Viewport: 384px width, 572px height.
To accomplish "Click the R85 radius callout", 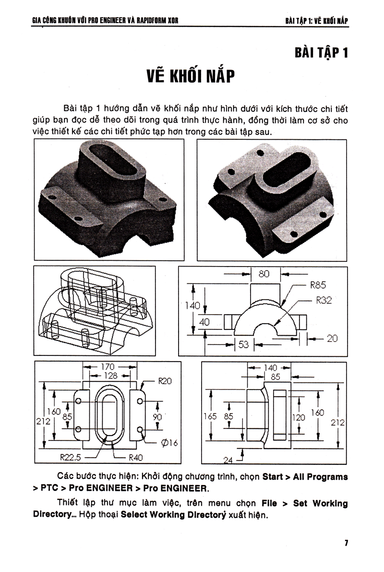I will point(318,285).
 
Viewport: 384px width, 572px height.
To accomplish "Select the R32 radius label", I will point(324,301).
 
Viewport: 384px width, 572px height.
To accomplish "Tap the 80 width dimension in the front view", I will point(264,274).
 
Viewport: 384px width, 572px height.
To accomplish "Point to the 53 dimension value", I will point(244,344).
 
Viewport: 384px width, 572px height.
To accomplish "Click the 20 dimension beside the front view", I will point(332,339).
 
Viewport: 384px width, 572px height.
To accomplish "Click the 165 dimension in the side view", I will point(210,417).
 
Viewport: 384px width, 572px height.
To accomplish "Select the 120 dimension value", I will point(299,418).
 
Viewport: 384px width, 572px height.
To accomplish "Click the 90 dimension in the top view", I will point(157,417).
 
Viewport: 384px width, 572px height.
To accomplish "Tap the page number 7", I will point(346,543).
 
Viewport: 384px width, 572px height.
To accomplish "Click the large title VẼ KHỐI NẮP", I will point(190,77).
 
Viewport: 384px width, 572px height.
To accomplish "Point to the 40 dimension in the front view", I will point(204,322).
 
